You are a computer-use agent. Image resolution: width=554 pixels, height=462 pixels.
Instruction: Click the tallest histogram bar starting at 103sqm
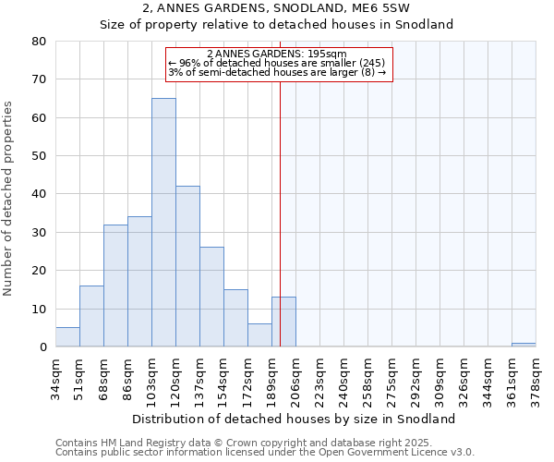point(163,222)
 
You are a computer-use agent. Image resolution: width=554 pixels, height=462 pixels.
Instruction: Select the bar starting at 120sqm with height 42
point(187,266)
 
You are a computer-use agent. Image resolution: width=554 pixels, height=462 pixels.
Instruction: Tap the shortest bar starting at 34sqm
point(67,337)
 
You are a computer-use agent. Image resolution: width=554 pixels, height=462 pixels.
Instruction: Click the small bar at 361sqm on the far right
point(524,345)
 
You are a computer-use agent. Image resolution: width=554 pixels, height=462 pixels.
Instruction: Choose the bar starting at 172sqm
point(259,335)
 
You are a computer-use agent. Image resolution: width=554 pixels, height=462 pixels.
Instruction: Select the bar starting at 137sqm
point(211,297)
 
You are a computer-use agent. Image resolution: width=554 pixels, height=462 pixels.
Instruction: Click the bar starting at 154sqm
point(235,318)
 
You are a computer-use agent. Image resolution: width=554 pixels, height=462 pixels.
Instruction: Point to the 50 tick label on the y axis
point(39,155)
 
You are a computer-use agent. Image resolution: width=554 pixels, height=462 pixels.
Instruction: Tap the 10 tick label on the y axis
point(39,309)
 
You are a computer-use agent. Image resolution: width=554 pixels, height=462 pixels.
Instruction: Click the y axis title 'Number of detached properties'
point(9,200)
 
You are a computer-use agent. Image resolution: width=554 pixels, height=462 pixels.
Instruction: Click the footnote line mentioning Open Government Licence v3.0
point(265,453)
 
